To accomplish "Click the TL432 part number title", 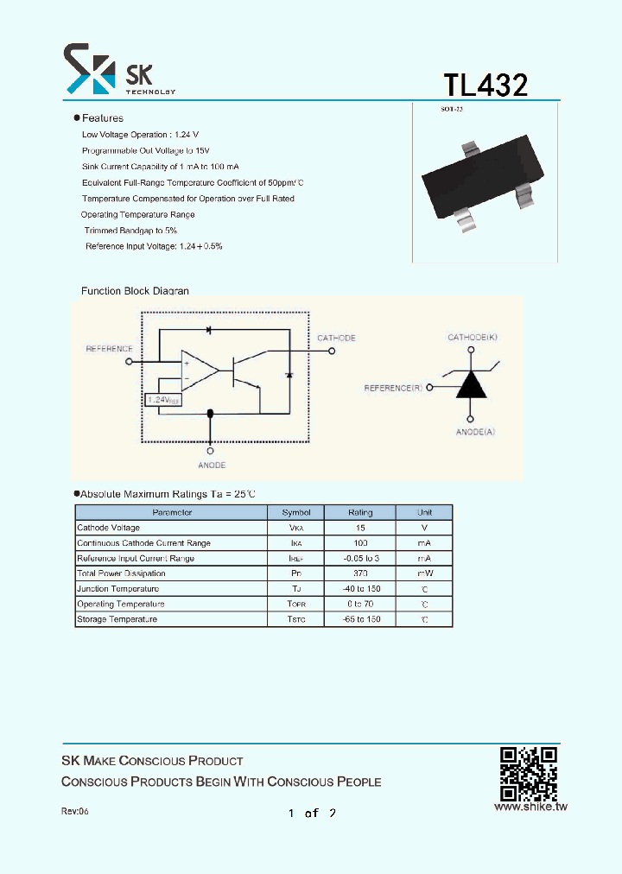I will click(486, 85).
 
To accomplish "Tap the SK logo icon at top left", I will click(89, 69).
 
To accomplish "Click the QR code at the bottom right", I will click(528, 773).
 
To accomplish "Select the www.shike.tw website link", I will click(530, 807).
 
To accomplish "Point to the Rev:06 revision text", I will click(75, 812).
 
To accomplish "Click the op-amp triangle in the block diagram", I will click(199, 370).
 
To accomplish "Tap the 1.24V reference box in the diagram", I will click(162, 400).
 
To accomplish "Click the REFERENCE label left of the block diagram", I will click(109, 349).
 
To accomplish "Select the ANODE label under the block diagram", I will click(212, 465).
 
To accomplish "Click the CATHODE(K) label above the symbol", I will click(471, 336).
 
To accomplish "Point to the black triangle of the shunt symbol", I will click(471, 384).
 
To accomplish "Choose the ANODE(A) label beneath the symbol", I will click(475, 431).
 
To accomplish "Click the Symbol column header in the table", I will click(296, 513).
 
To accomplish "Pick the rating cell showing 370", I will click(360, 573).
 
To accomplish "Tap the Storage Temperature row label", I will click(117, 619).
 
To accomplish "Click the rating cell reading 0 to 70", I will click(360, 604).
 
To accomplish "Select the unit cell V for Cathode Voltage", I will click(423, 528).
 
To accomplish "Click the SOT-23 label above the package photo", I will click(452, 110).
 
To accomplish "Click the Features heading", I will click(102, 118).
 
